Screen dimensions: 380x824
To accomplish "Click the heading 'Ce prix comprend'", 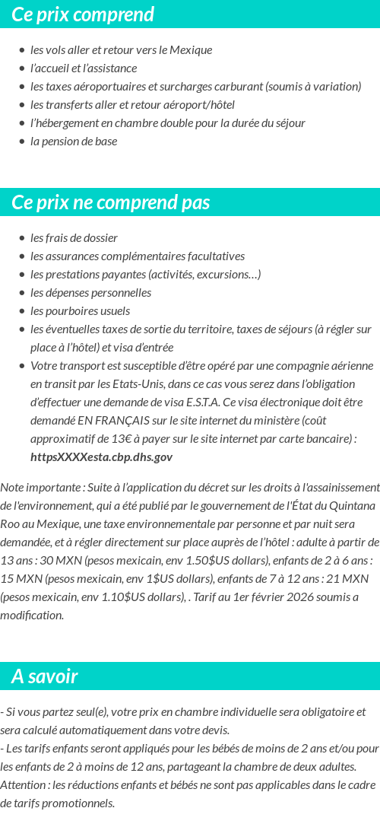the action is [x=83, y=14].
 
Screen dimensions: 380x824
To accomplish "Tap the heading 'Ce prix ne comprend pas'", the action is [x=111, y=203].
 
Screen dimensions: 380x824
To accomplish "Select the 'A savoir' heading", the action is [x=45, y=676].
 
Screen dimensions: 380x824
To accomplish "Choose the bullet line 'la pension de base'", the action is [x=74, y=141].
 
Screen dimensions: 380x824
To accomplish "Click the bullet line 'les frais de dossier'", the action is [x=74, y=237].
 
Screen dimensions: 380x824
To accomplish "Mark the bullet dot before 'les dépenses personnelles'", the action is [x=22, y=293].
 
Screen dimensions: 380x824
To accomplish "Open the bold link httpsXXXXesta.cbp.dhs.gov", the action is [x=101, y=457].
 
